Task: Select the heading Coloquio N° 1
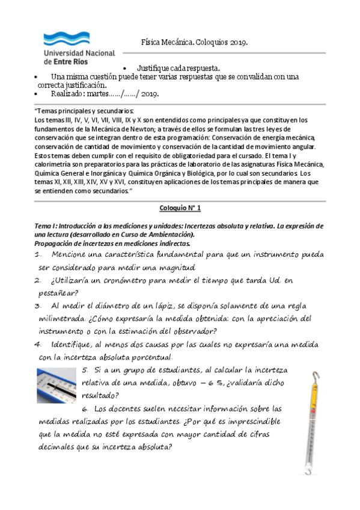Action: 180,207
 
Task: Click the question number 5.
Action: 85,369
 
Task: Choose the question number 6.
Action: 85,408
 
